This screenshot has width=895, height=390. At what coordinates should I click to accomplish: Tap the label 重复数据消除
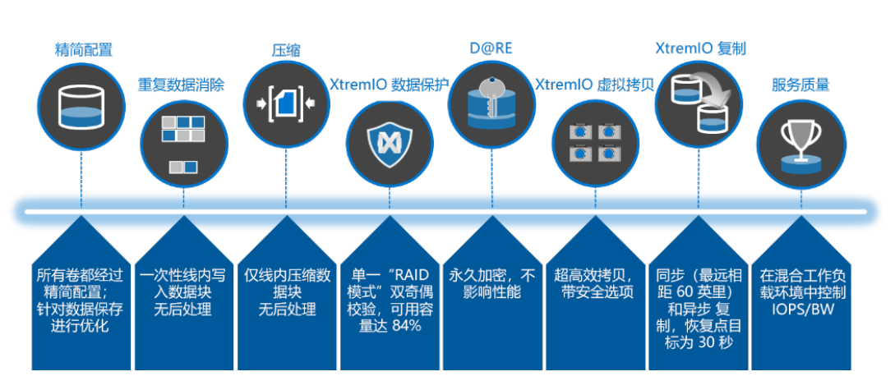point(181,85)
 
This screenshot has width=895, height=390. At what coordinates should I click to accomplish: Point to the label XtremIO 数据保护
point(389,85)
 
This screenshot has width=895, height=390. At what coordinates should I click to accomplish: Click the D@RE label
point(491,48)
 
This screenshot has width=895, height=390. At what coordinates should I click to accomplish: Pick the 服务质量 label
point(800,85)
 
